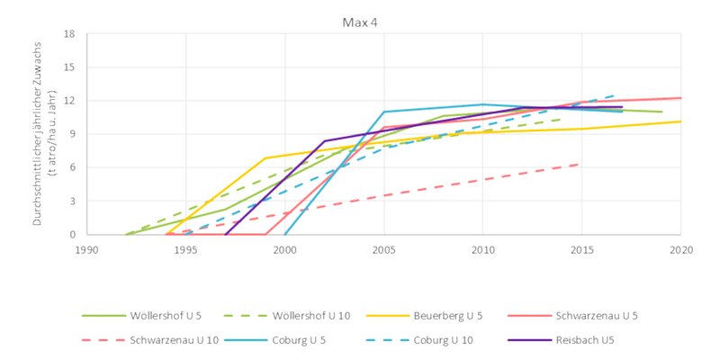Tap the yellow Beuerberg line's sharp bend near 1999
pyautogui.click(x=265, y=158)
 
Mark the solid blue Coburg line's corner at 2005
pyautogui.click(x=383, y=112)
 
